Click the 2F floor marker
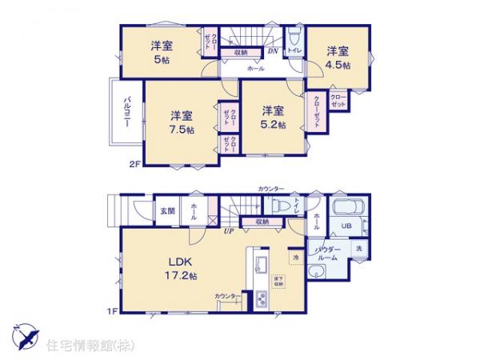pos(134,165)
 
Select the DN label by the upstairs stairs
pos(272,52)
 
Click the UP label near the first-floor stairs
pos(229,233)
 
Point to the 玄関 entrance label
pos(167,211)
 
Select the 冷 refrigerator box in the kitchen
pos(295,258)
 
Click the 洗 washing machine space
pos(359,249)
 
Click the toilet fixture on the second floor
pos(294,39)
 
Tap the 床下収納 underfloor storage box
pos(279,282)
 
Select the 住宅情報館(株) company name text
pos(93,346)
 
